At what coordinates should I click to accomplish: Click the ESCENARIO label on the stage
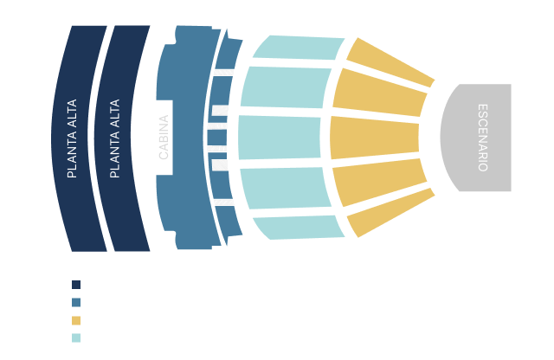pos(483,138)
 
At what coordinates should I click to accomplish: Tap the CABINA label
pos(164,138)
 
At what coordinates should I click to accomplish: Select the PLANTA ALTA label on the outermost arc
pos(73,138)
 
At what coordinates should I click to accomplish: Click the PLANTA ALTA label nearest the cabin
pos(115,138)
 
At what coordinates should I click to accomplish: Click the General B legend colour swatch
pos(76,285)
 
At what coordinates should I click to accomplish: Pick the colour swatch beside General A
pos(76,303)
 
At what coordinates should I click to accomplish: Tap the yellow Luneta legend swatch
pos(76,320)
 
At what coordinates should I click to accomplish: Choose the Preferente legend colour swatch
pos(76,338)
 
